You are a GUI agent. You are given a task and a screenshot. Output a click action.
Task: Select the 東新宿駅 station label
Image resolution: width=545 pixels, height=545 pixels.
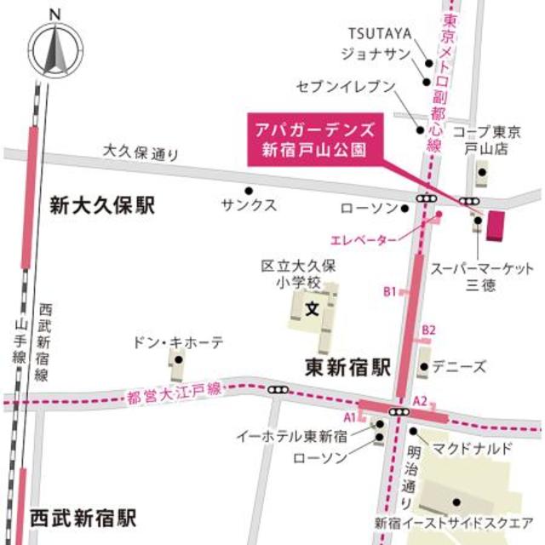(347, 367)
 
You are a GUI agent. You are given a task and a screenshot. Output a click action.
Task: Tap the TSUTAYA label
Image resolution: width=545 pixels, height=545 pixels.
(380, 33)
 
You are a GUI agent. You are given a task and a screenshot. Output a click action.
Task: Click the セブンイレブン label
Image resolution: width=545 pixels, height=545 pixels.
(347, 86)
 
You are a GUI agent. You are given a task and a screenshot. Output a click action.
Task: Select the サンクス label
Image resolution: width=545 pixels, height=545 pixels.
(249, 205)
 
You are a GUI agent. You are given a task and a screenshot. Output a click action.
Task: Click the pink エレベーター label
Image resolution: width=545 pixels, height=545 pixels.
(364, 239)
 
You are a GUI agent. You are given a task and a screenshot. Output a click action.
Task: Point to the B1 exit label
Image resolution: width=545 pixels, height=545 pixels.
(389, 291)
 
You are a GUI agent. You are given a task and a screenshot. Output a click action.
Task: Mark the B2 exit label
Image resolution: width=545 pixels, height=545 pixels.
(429, 330)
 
